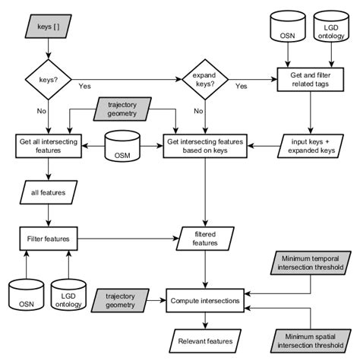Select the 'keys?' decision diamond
pyautogui.click(x=49, y=78)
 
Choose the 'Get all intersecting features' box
pyautogui.click(x=49, y=145)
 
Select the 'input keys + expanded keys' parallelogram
pyautogui.click(x=310, y=145)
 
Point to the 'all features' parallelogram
pyautogui.click(x=49, y=193)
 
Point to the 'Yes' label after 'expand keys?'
pyautogui.click(x=242, y=87)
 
